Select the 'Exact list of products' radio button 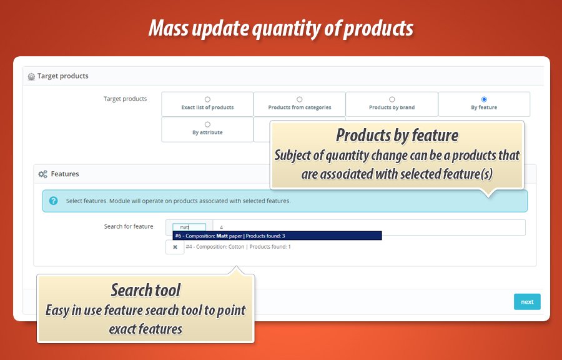207,99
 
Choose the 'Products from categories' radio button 299,99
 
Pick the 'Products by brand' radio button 392,99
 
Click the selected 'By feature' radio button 484,99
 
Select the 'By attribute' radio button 207,124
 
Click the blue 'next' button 527,301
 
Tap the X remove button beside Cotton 175,247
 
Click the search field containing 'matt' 189,227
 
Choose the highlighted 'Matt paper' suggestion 277,236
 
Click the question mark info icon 54,201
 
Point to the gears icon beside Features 42,174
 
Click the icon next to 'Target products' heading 32,76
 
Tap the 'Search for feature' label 129,226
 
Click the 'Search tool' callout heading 145,290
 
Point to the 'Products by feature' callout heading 397,135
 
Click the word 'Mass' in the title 168,28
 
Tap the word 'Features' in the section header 65,174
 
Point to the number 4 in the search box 221,227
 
